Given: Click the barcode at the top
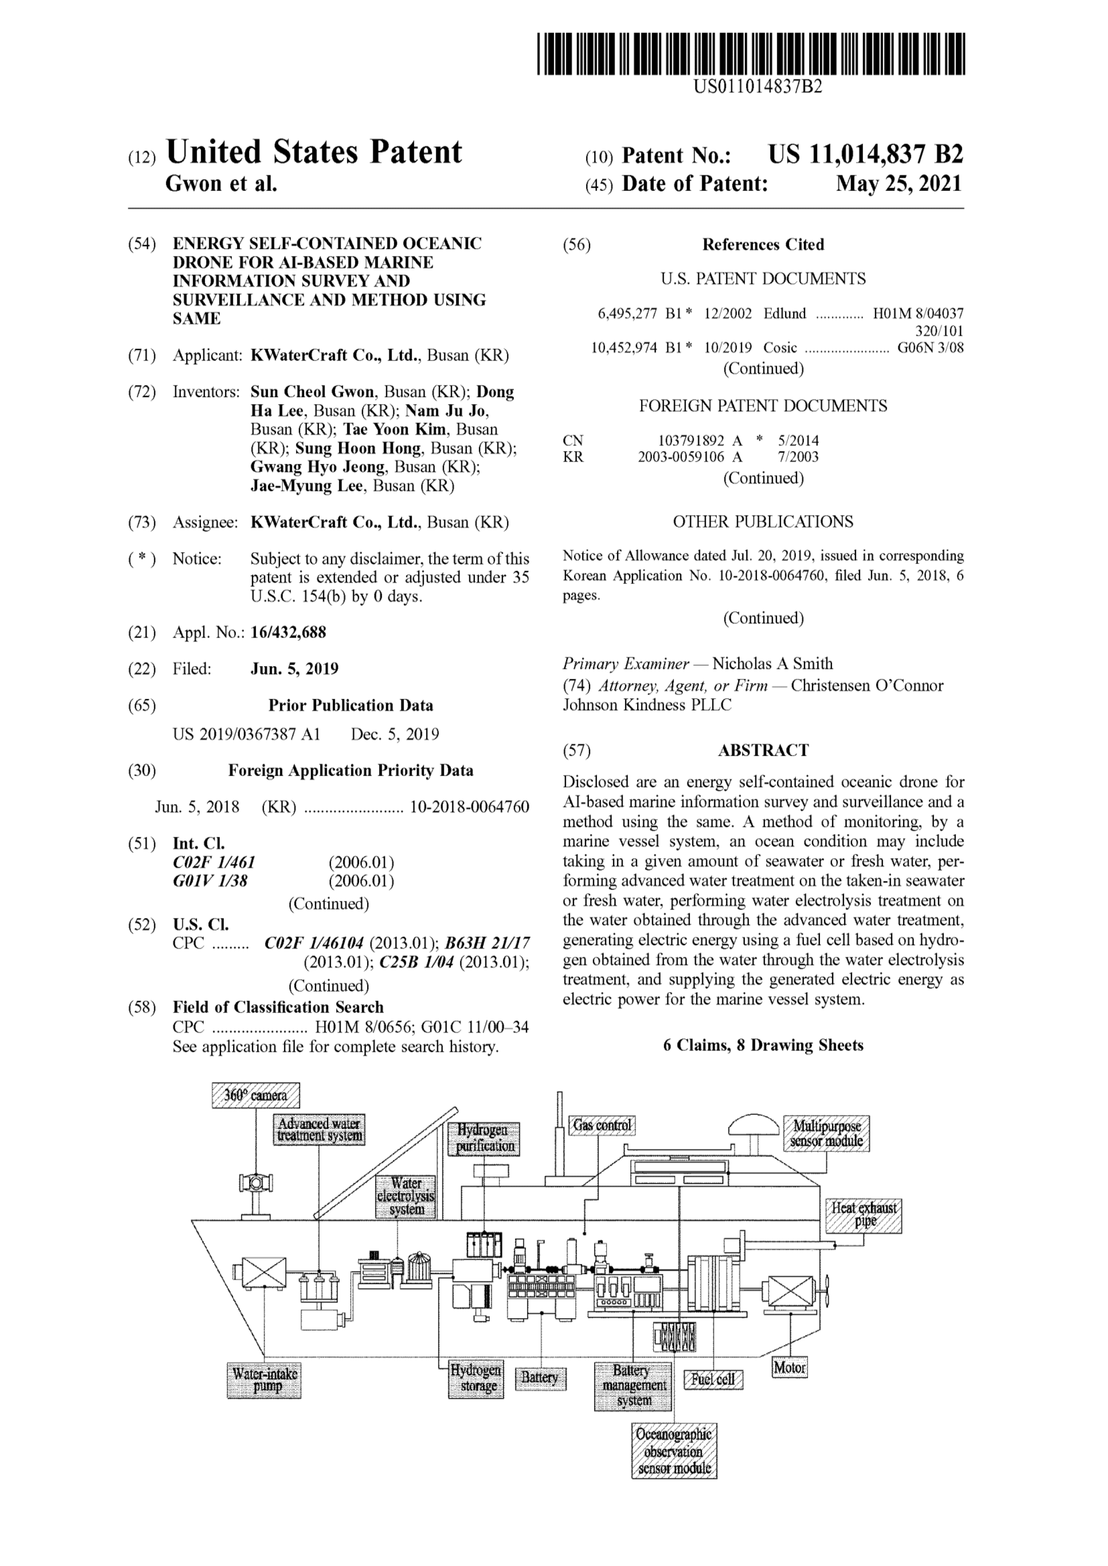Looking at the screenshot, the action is point(750,53).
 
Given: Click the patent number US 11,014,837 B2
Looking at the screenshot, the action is point(865,155).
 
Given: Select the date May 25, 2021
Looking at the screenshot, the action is point(899,183).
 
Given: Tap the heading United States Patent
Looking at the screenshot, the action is point(314,151).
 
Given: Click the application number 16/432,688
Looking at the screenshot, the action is point(289,632).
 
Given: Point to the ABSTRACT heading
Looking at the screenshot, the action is point(763,751).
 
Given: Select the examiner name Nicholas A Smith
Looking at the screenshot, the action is point(772,663).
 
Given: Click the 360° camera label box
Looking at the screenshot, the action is point(256,1095).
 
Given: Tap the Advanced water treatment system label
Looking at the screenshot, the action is point(320,1129).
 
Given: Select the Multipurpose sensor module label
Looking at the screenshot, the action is point(826,1133).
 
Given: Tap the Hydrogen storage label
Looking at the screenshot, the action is point(476,1379).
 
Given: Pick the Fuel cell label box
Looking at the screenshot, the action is point(713,1379).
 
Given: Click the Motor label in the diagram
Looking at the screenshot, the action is point(789,1367).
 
